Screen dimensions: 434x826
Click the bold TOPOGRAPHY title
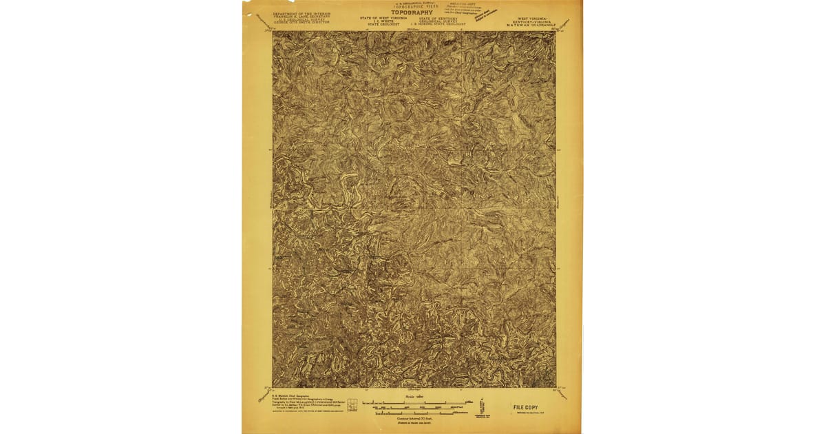tap(412, 12)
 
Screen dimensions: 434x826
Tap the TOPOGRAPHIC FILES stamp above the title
tap(412, 6)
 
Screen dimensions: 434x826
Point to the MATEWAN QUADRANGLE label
tap(529, 25)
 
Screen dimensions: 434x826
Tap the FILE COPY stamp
tap(527, 407)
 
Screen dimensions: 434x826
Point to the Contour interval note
tap(413, 417)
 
